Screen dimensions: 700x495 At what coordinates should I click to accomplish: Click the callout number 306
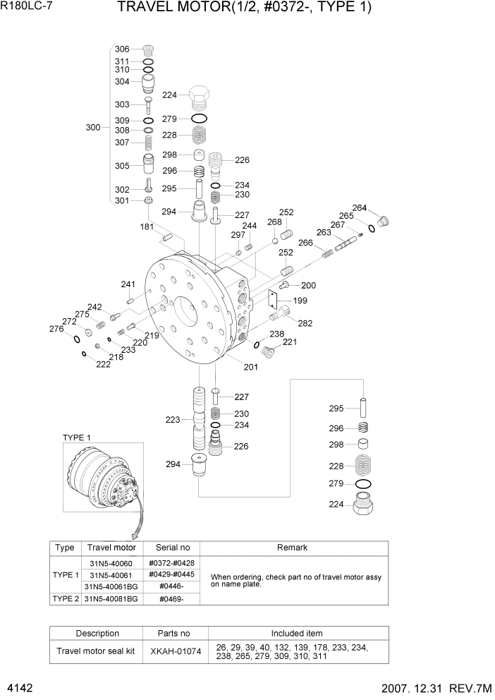pos(122,49)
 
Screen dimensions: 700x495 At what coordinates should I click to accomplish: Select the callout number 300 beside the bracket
pos(93,128)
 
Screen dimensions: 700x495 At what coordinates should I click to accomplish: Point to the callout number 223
pos(173,420)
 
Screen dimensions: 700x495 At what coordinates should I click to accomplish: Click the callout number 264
pos(360,207)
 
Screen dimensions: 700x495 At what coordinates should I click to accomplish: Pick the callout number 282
pos(305,323)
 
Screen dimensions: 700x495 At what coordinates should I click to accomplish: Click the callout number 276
pos(56,329)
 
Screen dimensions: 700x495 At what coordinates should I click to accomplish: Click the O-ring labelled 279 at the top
pos(200,119)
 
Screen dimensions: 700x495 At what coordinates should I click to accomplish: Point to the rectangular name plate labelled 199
pos(275,299)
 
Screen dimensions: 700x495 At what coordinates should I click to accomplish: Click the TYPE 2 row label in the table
pos(65,598)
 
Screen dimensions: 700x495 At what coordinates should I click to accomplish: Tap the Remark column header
pos(293,548)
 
